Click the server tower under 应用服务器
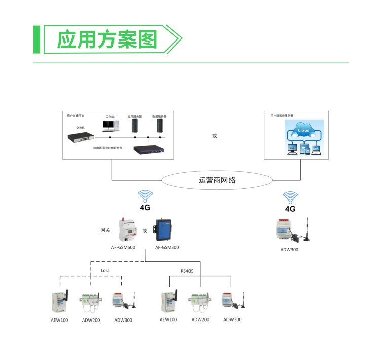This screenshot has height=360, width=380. (x=135, y=126)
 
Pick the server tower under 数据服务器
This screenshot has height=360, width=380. (x=160, y=126)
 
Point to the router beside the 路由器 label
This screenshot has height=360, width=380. (x=150, y=149)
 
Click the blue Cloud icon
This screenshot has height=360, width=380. (x=303, y=131)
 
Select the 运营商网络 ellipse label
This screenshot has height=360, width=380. (x=217, y=180)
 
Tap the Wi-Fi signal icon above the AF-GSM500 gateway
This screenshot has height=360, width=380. (x=145, y=196)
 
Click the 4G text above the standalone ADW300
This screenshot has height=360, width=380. (x=290, y=208)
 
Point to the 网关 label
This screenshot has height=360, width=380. (x=105, y=230)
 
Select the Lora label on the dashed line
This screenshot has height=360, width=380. (x=105, y=271)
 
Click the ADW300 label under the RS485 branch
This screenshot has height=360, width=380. (x=232, y=319)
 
